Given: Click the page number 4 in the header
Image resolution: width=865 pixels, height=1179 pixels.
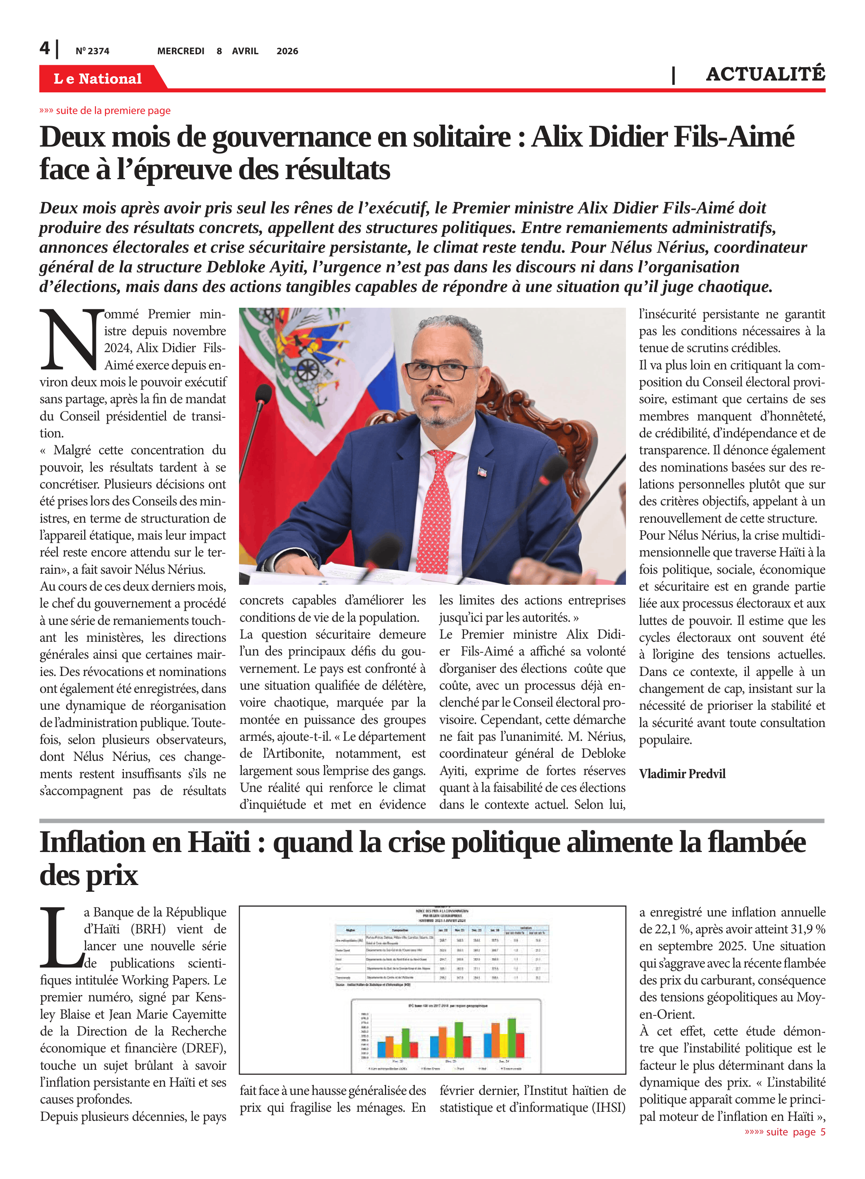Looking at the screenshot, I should [45, 49].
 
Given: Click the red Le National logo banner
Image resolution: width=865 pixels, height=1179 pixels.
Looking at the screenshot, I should [98, 79].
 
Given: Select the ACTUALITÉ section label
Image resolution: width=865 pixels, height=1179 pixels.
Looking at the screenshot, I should [765, 74].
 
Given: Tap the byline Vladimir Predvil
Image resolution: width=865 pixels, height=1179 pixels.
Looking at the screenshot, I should [682, 773].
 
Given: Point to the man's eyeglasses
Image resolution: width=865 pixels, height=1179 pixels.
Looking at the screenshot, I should [439, 370].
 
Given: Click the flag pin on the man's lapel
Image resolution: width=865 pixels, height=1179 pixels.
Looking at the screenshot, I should [482, 472].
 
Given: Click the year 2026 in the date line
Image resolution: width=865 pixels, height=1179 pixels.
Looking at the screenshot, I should [287, 51].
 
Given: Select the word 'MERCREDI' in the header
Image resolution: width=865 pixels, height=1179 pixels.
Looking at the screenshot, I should [180, 51].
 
